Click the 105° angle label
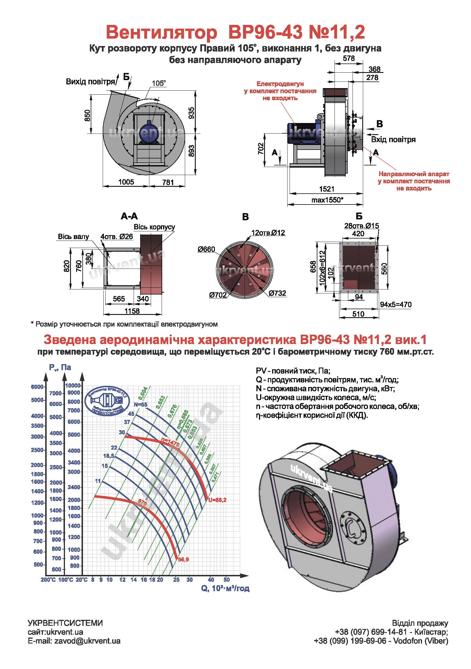tap(159, 83)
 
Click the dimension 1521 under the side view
tap(326, 189)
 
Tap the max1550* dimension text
tap(327, 200)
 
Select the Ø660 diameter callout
tap(206, 249)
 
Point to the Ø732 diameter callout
tap(277, 293)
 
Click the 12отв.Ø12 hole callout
tap(268, 233)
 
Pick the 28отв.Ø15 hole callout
tap(361, 226)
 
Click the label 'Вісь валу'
tap(73, 237)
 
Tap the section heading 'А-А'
tap(129, 216)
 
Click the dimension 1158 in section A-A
tap(132, 311)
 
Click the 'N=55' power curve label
tap(140, 405)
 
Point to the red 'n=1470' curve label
tap(170, 442)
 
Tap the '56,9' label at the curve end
tap(183, 560)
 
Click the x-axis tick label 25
tap(176, 580)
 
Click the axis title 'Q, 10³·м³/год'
tap(225, 589)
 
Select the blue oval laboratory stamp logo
tap(107, 401)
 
